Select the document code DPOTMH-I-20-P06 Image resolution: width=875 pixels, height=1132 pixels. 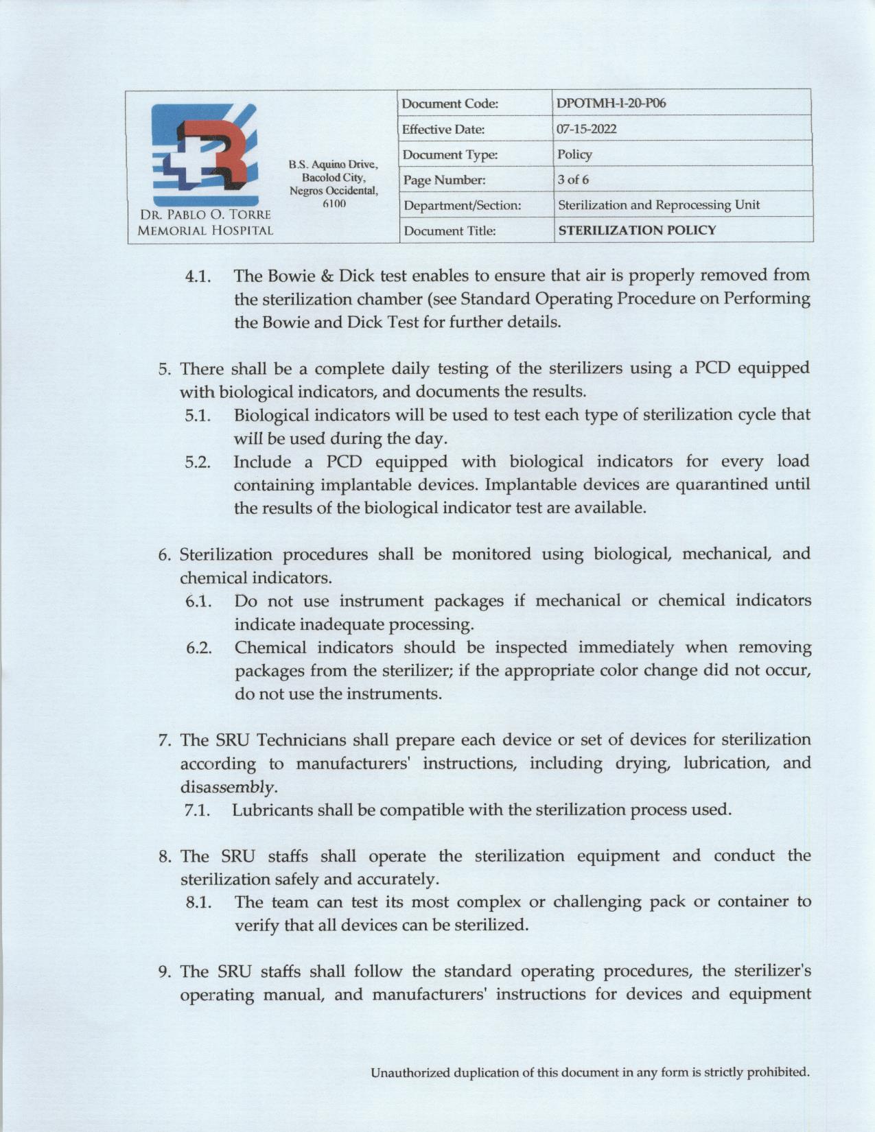611,104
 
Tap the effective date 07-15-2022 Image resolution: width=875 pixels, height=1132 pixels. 587,129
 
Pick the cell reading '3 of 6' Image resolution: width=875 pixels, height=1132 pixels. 573,180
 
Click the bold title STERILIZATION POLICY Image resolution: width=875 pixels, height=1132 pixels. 637,231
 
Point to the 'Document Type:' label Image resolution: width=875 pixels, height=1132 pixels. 449,155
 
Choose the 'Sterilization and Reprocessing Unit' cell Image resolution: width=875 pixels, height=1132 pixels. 658,205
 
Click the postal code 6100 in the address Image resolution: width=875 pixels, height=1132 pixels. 334,203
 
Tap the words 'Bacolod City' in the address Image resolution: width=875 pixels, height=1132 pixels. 333,178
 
